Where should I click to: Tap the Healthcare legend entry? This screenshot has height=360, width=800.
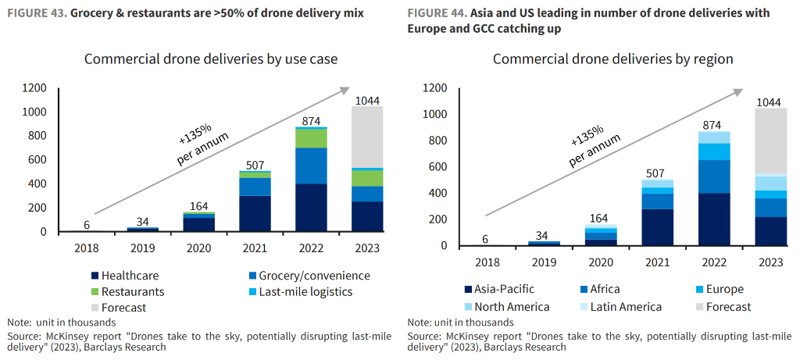pos(130,276)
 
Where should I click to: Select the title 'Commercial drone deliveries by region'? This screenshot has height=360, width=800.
pos(612,59)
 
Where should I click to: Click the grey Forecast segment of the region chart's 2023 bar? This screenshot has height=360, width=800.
pos(770,141)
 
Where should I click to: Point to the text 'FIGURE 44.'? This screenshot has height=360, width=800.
pos(434,13)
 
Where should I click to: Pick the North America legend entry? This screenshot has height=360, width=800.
pos(512,307)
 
